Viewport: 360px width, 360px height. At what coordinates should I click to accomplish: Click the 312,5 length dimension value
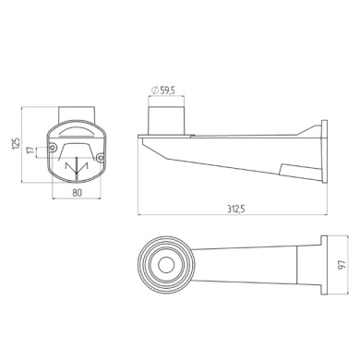(x=236, y=210)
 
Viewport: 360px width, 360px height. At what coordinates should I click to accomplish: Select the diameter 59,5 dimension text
(x=163, y=90)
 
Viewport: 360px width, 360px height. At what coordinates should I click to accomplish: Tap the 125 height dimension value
(x=17, y=144)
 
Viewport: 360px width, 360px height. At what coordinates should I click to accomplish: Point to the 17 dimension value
(x=30, y=150)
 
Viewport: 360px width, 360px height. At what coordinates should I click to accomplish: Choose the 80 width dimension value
(x=77, y=193)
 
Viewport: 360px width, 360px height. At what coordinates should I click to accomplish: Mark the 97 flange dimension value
(x=342, y=265)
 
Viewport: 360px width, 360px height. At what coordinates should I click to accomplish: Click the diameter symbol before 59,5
(x=155, y=90)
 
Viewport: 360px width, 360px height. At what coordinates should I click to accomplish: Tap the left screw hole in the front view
(x=53, y=148)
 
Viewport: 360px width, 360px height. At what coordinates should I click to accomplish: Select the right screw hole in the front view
(x=100, y=158)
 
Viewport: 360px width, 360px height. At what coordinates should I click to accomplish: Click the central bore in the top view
(x=166, y=265)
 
